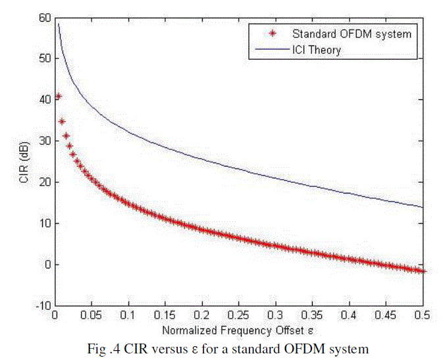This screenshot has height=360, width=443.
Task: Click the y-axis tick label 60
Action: click(44, 18)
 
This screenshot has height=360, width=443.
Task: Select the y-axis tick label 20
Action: click(44, 182)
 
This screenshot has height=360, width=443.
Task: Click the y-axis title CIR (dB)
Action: click(24, 161)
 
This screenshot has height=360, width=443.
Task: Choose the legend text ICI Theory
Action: click(317, 49)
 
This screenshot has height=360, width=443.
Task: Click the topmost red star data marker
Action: click(58, 96)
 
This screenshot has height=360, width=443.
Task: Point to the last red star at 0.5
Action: click(423, 270)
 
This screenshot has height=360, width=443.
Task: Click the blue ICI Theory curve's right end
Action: click(423, 207)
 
